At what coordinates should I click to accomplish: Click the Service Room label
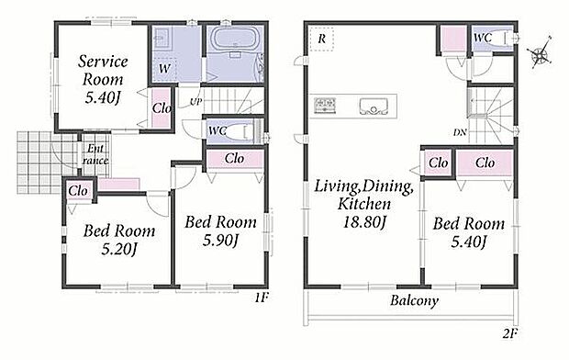click(x=103, y=71)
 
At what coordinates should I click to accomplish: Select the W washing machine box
click(x=165, y=68)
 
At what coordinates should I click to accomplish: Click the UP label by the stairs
click(x=195, y=102)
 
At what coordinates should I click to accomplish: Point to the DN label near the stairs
click(x=460, y=132)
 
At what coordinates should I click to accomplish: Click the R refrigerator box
click(x=321, y=39)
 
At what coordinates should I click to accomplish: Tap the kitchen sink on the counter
click(x=374, y=107)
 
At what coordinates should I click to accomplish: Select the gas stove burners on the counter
click(x=325, y=106)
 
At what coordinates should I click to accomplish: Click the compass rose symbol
click(x=540, y=54)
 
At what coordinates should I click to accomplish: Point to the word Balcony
click(x=414, y=301)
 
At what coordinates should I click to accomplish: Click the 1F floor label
click(x=261, y=298)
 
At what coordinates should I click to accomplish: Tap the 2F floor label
click(x=510, y=333)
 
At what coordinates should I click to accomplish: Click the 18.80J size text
click(x=364, y=221)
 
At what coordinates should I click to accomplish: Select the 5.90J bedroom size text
click(x=220, y=241)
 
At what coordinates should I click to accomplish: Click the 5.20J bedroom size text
click(x=119, y=249)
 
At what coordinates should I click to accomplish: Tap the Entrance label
click(x=95, y=154)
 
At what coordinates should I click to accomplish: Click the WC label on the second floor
click(x=483, y=38)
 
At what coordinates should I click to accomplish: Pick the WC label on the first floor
click(x=218, y=130)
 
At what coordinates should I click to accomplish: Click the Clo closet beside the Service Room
click(x=162, y=107)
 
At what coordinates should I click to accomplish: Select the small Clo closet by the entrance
click(x=78, y=191)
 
